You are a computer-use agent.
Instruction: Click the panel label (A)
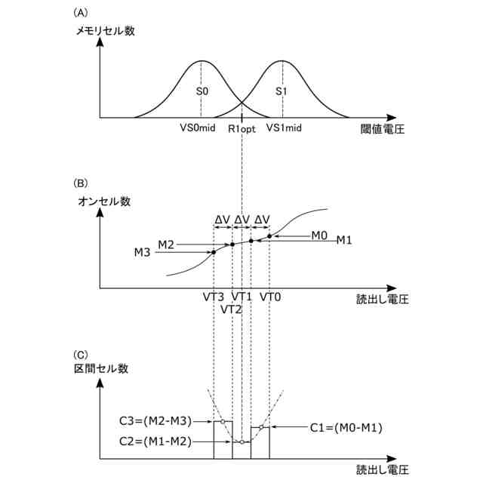coord(81,13)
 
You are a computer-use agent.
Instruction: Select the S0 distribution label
coord(202,91)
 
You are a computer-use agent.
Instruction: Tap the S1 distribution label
coord(281,91)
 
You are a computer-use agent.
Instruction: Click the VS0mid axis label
coord(198,128)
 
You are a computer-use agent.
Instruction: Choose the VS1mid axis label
coord(285,128)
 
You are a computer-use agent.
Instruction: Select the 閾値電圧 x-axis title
coord(383,129)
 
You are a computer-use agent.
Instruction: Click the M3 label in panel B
coord(141,252)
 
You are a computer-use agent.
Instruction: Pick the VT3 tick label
coord(214,297)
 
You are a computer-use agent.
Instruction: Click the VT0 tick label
coord(270,297)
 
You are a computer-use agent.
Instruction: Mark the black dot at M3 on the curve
coord(214,252)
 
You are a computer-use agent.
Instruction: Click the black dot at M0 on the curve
coord(269,236)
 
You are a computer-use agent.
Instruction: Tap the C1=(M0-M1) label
coord(347,427)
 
